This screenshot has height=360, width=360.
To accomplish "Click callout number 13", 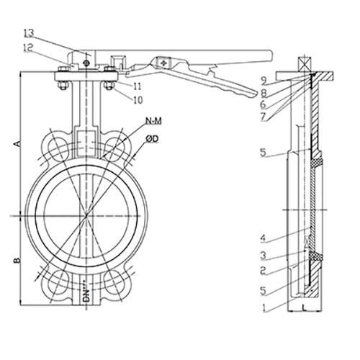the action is point(29,33).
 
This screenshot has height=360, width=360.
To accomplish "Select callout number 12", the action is point(28,48).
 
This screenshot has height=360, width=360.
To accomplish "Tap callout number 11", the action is point(138,86).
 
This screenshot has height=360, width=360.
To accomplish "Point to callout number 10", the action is point(138,100).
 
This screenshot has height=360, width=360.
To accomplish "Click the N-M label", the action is point(154,121).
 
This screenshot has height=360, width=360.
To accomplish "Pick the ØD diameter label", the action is point(152,138).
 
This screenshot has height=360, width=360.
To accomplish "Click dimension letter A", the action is point(17,144).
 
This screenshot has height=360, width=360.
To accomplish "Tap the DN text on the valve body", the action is point(86,291).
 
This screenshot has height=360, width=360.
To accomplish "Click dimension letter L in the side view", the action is point(304,307).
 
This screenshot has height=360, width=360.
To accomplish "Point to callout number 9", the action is point(264,81).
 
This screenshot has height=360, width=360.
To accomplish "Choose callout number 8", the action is point(264,94).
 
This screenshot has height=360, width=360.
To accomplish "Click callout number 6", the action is point(264,104).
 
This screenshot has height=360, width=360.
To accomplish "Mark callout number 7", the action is point(264,117).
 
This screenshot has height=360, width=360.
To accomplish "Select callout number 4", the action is point(264,238).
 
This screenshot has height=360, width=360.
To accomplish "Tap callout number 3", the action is point(264,256).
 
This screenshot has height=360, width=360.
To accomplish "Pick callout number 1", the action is point(264,308).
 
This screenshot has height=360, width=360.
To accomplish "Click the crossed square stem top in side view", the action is point(304,64).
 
